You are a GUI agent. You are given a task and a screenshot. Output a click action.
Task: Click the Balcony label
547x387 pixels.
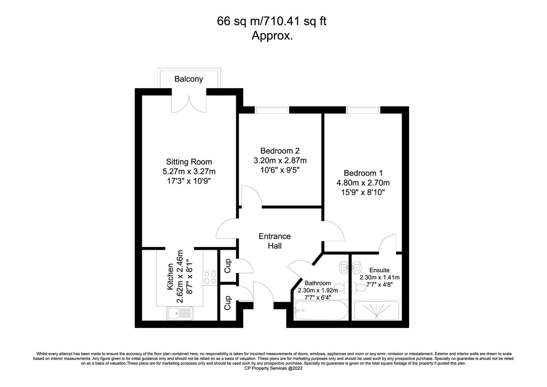tap(189, 79)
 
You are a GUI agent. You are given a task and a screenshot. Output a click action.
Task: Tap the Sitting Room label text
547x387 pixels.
tap(189, 162)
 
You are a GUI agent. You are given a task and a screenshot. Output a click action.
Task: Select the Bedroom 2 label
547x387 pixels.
tap(280, 151)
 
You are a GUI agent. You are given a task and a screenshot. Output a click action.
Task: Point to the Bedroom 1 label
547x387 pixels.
tap(363, 173)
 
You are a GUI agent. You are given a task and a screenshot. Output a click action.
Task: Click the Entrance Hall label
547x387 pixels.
tap(275, 241)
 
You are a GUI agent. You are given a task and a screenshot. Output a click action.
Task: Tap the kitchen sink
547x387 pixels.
tap(180, 313)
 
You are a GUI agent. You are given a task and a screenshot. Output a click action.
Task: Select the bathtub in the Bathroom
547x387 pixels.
tap(321, 310)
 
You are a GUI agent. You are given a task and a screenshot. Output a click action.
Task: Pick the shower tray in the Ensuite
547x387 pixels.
tap(376, 310)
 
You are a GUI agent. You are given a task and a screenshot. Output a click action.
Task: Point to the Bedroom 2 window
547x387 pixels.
tap(272, 110)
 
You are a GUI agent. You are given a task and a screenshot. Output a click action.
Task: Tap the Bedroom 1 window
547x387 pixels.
tap(363, 110)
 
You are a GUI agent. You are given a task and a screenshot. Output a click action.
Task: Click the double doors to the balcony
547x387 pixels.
tap(189, 104)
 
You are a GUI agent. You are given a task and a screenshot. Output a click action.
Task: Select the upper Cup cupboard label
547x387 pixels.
tap(227, 266)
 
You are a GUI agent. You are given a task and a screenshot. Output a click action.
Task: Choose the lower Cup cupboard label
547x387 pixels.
tap(227, 303)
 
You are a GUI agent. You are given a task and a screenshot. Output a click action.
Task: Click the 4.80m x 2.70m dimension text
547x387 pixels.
tap(363, 183)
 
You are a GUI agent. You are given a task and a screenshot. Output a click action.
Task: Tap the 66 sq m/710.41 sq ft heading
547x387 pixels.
tap(272, 21)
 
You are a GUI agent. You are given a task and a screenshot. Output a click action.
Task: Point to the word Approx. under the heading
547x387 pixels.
tap(272, 35)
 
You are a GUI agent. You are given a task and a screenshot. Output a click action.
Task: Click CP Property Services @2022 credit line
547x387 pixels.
tap(273, 368)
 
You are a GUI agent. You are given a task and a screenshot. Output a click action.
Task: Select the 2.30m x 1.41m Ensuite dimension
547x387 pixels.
tap(379, 277)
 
